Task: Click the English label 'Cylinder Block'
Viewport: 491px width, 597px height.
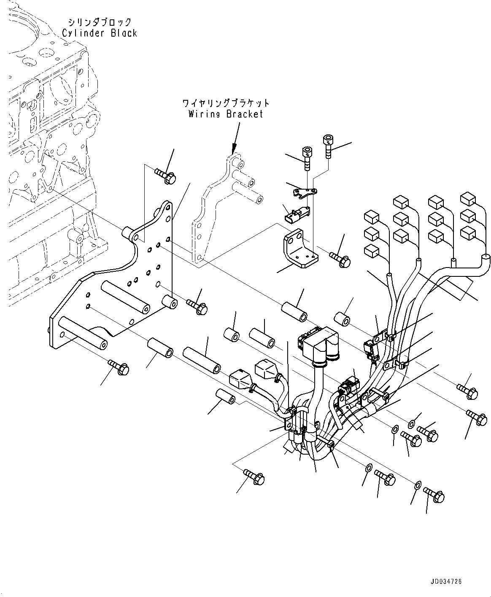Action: coord(100,33)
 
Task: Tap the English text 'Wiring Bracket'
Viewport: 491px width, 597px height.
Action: coord(226,114)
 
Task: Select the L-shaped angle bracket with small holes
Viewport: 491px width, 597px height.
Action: coord(299,249)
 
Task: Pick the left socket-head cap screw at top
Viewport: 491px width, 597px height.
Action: coord(307,157)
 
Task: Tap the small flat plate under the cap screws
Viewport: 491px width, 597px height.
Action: coord(305,192)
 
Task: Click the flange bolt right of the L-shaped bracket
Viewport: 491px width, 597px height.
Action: coord(341,259)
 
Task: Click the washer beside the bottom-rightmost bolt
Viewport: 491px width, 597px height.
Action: coord(418,485)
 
